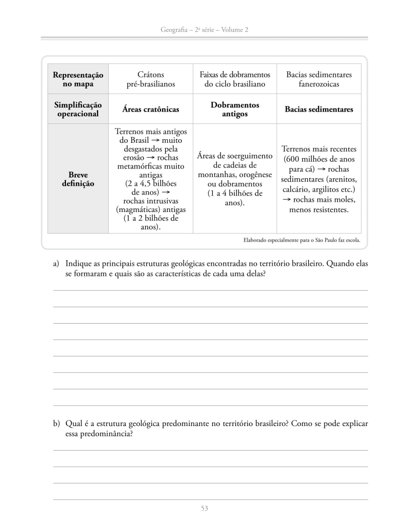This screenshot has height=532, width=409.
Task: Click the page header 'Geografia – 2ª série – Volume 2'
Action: tap(204, 30)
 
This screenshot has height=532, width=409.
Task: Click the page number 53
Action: tap(204, 508)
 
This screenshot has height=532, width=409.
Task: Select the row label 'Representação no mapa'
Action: tap(78, 79)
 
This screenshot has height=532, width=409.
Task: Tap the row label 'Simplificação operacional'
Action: tap(78, 109)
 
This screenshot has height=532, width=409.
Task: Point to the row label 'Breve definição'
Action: tap(78, 179)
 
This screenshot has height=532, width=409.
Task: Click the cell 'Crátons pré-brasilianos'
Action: tap(151, 79)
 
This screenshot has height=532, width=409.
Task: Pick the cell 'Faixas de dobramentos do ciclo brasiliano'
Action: tap(235, 79)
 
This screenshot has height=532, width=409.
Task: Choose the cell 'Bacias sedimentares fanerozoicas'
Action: tap(319, 79)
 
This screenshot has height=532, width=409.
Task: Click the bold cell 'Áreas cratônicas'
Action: tap(151, 110)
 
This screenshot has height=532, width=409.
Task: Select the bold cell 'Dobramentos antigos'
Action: tap(235, 109)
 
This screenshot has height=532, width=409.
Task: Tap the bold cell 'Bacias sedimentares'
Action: tap(319, 110)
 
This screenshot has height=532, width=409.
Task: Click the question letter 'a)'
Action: tap(57, 264)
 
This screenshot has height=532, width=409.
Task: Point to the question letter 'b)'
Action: tap(57, 424)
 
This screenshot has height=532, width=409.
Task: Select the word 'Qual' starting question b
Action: tap(75, 424)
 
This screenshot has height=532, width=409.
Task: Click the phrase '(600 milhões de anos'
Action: tap(319, 159)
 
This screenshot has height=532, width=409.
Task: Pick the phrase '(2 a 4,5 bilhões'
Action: tap(151, 183)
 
